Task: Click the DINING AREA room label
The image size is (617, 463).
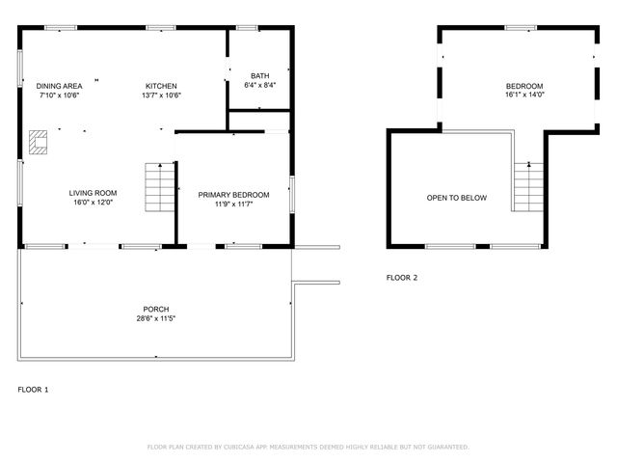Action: click(x=59, y=86)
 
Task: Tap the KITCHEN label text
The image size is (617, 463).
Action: click(x=161, y=86)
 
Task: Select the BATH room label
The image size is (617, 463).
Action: click(x=259, y=76)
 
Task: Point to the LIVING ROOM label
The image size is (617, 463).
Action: click(x=93, y=193)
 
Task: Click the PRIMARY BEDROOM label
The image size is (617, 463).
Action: click(x=233, y=195)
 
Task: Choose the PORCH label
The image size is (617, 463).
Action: click(x=156, y=309)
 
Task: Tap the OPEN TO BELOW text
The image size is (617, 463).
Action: click(x=456, y=198)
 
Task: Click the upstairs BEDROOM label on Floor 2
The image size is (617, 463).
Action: click(x=524, y=86)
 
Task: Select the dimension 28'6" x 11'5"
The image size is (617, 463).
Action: click(x=156, y=318)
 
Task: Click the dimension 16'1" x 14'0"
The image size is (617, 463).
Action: click(x=524, y=95)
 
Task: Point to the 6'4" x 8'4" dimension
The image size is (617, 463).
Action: click(x=259, y=86)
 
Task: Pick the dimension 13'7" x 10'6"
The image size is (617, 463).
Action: click(x=161, y=95)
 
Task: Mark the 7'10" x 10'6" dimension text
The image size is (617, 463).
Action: click(x=59, y=95)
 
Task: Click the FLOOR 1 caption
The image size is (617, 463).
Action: click(x=33, y=390)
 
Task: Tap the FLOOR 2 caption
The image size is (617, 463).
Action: click(x=402, y=278)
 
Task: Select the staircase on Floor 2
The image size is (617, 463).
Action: click(x=527, y=187)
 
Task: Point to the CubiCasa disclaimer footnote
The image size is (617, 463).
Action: click(x=308, y=447)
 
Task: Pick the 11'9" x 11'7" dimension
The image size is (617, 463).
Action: click(x=233, y=204)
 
